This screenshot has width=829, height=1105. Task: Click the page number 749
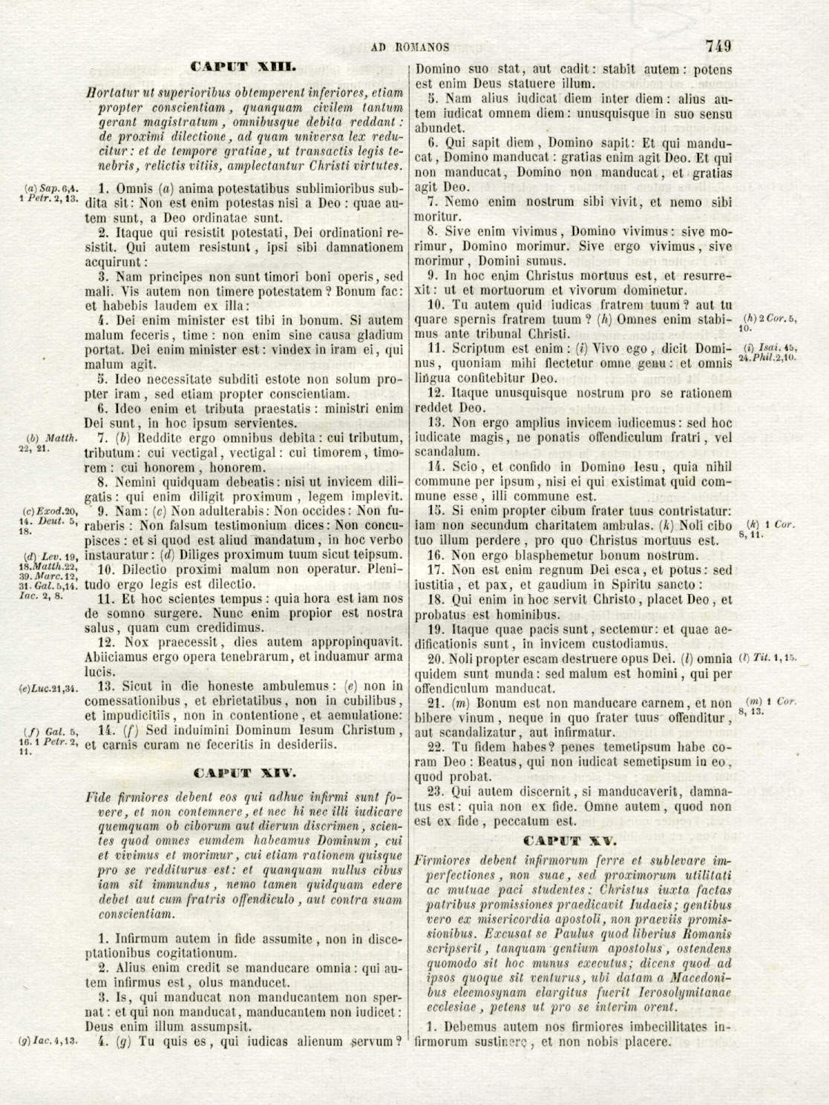[x=718, y=46]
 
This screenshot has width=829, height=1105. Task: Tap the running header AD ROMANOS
[x=410, y=47]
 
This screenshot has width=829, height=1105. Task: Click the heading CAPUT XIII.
[x=243, y=67]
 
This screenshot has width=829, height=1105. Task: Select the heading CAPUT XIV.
[x=243, y=773]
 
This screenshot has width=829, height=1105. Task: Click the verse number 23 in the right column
[x=436, y=791]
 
